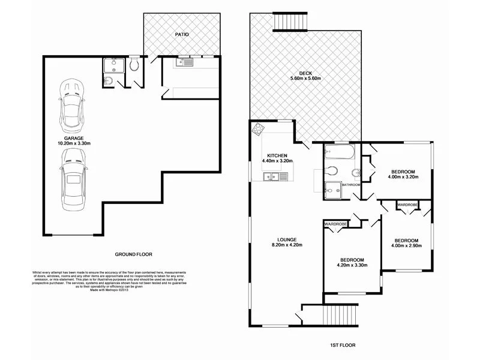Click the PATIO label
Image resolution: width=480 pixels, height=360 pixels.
tap(182, 35)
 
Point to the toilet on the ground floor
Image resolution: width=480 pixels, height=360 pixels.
tap(135, 65)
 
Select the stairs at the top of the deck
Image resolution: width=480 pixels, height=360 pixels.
tap(290, 22)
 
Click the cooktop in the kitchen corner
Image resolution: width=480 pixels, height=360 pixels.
tap(259, 128)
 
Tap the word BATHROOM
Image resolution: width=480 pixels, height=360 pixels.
tap(351, 185)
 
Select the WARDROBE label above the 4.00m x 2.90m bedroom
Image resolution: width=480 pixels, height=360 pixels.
tap(408, 205)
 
